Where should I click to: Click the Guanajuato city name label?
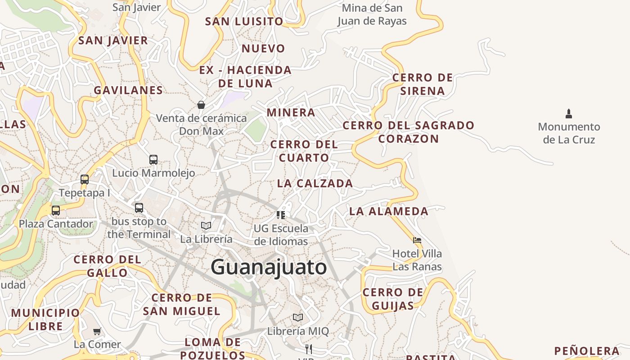tap(269, 267)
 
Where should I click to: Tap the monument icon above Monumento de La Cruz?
tap(569, 113)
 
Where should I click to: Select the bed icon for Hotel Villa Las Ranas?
tap(417, 240)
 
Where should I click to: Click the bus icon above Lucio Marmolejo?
tap(153, 160)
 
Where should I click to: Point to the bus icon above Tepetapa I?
tap(85, 180)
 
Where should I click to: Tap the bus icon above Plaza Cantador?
tap(56, 210)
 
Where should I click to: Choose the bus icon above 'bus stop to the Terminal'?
tap(139, 208)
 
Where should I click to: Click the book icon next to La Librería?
tap(206, 225)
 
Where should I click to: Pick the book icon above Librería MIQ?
tap(298, 318)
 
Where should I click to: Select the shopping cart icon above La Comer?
tap(97, 331)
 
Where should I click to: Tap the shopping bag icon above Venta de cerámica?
tap(201, 105)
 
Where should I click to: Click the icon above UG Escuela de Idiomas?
tap(281, 215)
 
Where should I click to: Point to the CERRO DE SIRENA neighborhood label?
tap(423, 84)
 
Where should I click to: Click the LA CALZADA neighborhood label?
tap(315, 183)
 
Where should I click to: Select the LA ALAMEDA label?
tap(389, 211)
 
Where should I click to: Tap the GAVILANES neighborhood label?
tap(128, 90)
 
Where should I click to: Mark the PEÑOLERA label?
tap(587, 351)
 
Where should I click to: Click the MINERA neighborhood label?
tap(291, 112)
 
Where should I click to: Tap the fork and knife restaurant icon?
tap(309, 349)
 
